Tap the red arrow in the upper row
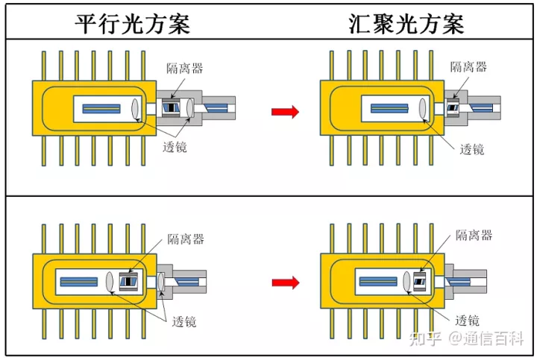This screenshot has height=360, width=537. point(284,112)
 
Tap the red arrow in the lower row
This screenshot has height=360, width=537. point(284,282)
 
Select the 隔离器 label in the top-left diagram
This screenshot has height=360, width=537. point(185,68)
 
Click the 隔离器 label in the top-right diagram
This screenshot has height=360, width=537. point(468,67)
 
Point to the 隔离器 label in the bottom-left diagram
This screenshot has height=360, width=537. point(186,239)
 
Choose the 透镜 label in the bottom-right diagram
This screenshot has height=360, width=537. point(468,320)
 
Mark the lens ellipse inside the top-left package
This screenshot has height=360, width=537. point(136,109)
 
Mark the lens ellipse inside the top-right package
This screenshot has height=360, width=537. point(424,109)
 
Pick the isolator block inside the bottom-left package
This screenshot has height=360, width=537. point(130,282)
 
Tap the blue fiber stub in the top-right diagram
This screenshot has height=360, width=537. point(486,109)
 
